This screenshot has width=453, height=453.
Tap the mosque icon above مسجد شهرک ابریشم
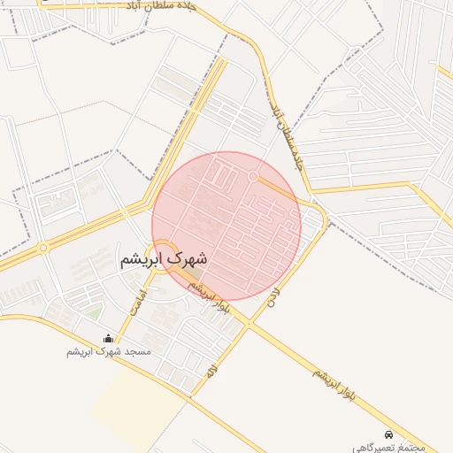[109, 338]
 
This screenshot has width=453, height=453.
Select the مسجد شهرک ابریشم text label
[109, 351]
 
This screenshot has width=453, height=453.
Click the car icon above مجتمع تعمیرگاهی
[390, 435]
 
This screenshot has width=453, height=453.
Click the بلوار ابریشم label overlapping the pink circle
[204, 293]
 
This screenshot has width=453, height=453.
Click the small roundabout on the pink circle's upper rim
[253, 177]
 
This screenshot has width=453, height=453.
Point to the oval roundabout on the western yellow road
[43, 248]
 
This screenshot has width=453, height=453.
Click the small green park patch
[94, 312]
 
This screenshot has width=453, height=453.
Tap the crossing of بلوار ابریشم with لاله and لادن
[247, 325]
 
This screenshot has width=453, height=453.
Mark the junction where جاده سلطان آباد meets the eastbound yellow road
[310, 189]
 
